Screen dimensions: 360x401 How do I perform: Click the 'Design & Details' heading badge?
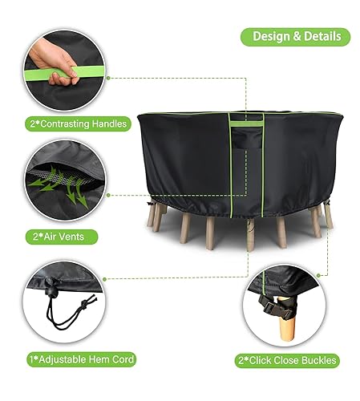pyautogui.click(x=295, y=37)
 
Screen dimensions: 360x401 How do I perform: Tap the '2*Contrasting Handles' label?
pyautogui.click(x=79, y=124)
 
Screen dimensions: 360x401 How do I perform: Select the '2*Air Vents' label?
pyautogui.click(x=62, y=237)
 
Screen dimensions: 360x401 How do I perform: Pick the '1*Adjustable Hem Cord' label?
pyautogui.click(x=82, y=359)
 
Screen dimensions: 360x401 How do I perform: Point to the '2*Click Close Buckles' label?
pyautogui.click(x=287, y=360)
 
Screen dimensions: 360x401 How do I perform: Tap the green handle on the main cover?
pyautogui.click(x=246, y=124)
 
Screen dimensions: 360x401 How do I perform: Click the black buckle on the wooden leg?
pyautogui.click(x=275, y=306)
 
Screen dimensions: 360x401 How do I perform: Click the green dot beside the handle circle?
pyautogui.click(x=108, y=78)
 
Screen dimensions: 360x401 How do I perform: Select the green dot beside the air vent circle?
pyautogui.click(x=108, y=196)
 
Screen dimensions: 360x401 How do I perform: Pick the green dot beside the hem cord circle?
pyautogui.click(x=104, y=279)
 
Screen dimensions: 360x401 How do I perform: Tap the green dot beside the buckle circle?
pyautogui.click(x=318, y=275)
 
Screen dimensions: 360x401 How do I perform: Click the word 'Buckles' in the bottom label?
pyautogui.click(x=319, y=360)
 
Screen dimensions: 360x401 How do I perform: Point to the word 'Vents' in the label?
pyautogui.click(x=71, y=237)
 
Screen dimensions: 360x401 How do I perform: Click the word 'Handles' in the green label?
pyautogui.click(x=109, y=124)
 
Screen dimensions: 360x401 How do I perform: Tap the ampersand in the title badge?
pyautogui.click(x=297, y=37)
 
